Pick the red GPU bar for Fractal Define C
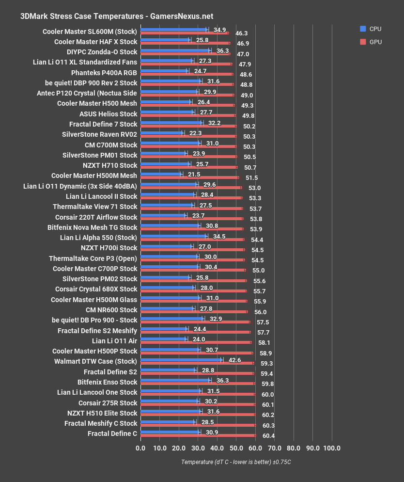(198, 435)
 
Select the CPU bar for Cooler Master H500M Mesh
(160, 174)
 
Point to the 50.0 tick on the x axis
(236, 448)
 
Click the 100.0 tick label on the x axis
(332, 448)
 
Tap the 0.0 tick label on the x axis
(140, 448)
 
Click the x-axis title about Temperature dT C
(236, 462)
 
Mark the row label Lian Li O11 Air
(115, 341)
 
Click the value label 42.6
(235, 360)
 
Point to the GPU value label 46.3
(242, 33)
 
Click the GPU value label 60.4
(268, 436)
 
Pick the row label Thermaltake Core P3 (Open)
(93, 258)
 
